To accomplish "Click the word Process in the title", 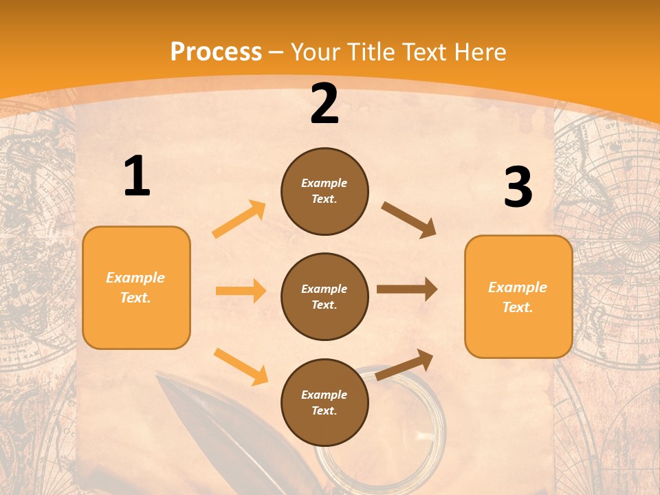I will point(216,52).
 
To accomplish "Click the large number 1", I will point(137,176).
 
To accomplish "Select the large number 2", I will point(324,104).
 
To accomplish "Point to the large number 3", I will point(518,187).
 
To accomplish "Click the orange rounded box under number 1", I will point(136,287).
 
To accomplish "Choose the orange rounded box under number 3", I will point(518,297).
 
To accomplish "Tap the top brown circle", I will point(324,191).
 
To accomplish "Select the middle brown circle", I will point(324,296).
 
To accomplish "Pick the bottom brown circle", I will point(324,402).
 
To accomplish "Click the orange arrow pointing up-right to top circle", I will point(239,219).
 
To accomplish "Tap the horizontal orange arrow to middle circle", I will point(241,291).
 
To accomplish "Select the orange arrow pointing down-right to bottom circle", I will point(241,366).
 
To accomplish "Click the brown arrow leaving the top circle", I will point(409,220).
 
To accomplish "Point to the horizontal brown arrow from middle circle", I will point(407,289).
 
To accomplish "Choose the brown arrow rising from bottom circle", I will point(404,364).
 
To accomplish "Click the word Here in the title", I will point(478,52).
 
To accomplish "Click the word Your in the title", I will point(316,52).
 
